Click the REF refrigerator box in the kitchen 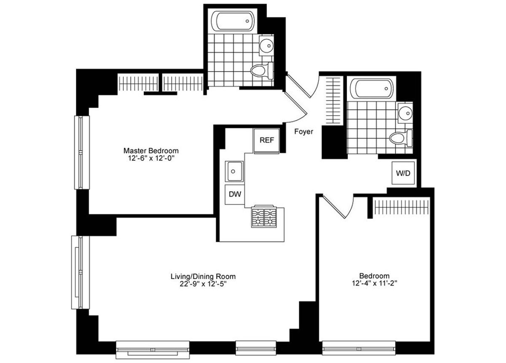pyautogui.click(x=266, y=141)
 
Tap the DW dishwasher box pyautogui.click(x=234, y=194)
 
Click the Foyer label pyautogui.click(x=304, y=132)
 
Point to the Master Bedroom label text pyautogui.click(x=151, y=151)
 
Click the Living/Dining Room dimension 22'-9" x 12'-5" pyautogui.click(x=203, y=284)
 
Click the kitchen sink pyautogui.click(x=234, y=171)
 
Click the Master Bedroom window pyautogui.click(x=82, y=152)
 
